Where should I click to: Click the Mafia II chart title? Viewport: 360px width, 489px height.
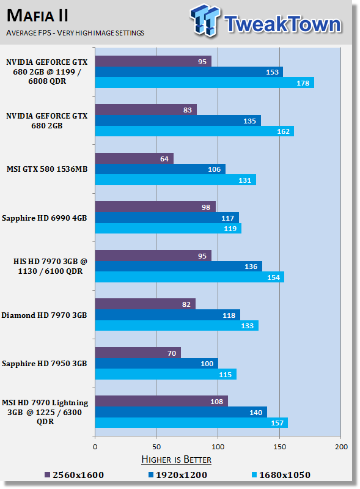(x=37, y=16)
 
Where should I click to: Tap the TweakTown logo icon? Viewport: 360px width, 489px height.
(x=205, y=20)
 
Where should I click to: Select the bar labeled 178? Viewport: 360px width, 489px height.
(x=205, y=83)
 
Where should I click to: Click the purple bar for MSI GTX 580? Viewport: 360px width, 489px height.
(x=134, y=158)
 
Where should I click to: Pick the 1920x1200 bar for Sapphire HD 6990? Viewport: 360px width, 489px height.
(x=167, y=218)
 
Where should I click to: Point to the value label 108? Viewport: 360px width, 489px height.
(x=216, y=402)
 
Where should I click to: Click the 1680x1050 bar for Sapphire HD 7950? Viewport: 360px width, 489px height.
(x=166, y=374)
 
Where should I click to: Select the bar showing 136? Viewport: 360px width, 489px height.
(x=178, y=267)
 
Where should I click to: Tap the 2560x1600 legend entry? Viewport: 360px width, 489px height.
(x=74, y=475)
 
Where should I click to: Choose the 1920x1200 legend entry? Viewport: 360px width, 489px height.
(x=178, y=475)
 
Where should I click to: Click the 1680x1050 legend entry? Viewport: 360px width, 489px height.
(x=281, y=475)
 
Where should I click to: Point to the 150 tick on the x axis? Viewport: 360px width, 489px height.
(x=279, y=447)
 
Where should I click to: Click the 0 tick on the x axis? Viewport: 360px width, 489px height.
(x=95, y=447)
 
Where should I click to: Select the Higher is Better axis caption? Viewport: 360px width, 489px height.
(x=176, y=460)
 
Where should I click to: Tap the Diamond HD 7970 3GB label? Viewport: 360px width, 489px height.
(x=44, y=315)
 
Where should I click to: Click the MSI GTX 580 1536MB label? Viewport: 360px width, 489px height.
(x=47, y=169)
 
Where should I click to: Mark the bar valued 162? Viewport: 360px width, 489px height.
(x=194, y=131)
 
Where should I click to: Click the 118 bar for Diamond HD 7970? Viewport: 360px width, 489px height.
(x=167, y=315)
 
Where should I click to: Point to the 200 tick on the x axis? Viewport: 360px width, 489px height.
(x=341, y=447)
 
